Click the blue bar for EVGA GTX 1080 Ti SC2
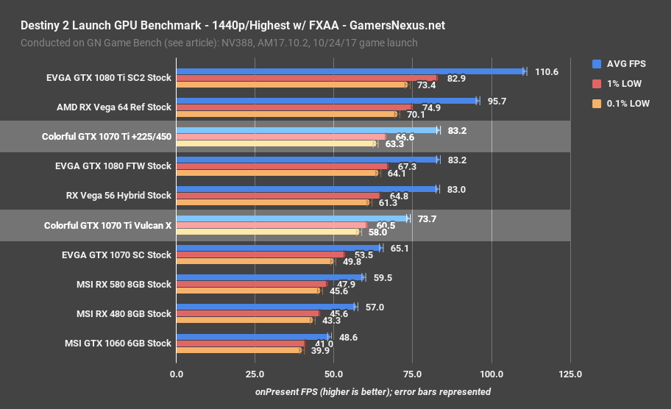point(349,71)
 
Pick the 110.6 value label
point(547,71)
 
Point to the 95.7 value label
point(497,101)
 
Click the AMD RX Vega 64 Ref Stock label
point(113,107)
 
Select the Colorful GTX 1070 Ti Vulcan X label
point(107,225)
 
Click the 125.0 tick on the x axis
point(569,374)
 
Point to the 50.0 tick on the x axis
point(333,374)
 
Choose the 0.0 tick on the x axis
point(177,374)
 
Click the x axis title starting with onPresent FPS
point(373,391)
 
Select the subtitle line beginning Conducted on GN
point(219,43)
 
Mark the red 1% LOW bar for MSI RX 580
point(251,284)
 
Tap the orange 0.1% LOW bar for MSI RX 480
point(244,320)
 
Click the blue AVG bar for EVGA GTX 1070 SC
point(278,249)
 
